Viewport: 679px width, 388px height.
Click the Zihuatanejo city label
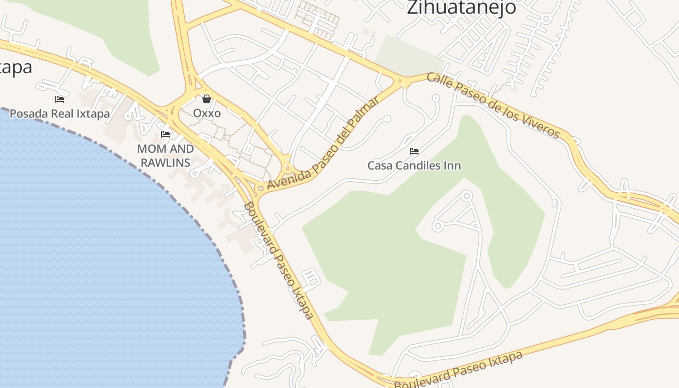[461, 8]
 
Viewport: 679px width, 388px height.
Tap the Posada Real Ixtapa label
[60, 114]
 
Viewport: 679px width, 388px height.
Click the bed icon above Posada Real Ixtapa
[60, 99]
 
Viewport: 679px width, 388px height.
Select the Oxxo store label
[207, 113]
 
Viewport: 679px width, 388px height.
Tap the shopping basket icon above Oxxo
[207, 99]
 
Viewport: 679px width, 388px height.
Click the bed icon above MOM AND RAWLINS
[165, 134]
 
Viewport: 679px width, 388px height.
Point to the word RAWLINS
[165, 162]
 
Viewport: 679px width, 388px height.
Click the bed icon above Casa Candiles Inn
[414, 151]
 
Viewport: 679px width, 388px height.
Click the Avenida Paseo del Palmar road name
[323, 144]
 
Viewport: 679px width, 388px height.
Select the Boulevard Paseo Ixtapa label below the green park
[458, 371]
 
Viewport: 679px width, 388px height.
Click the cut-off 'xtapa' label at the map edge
[16, 67]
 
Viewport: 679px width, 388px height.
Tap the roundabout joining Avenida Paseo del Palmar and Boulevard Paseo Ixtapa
[261, 188]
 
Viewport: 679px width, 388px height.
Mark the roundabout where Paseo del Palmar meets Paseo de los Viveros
[401, 82]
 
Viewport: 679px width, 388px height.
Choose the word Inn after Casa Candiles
[452, 166]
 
